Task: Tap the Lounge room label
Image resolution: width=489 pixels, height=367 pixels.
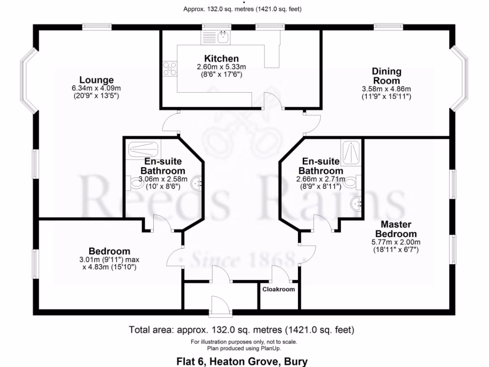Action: (96, 80)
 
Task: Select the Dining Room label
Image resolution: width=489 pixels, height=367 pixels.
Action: (386, 76)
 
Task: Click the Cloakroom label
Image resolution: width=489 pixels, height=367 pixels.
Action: (279, 289)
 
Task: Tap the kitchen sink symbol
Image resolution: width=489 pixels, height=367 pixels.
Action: (223, 36)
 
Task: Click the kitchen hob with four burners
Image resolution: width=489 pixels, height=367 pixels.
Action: (169, 69)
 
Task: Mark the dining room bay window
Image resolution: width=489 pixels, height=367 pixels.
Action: (462, 76)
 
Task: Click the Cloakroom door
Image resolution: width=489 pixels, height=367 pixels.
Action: (280, 274)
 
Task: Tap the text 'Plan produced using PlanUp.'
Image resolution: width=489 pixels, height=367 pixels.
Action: (244, 348)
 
